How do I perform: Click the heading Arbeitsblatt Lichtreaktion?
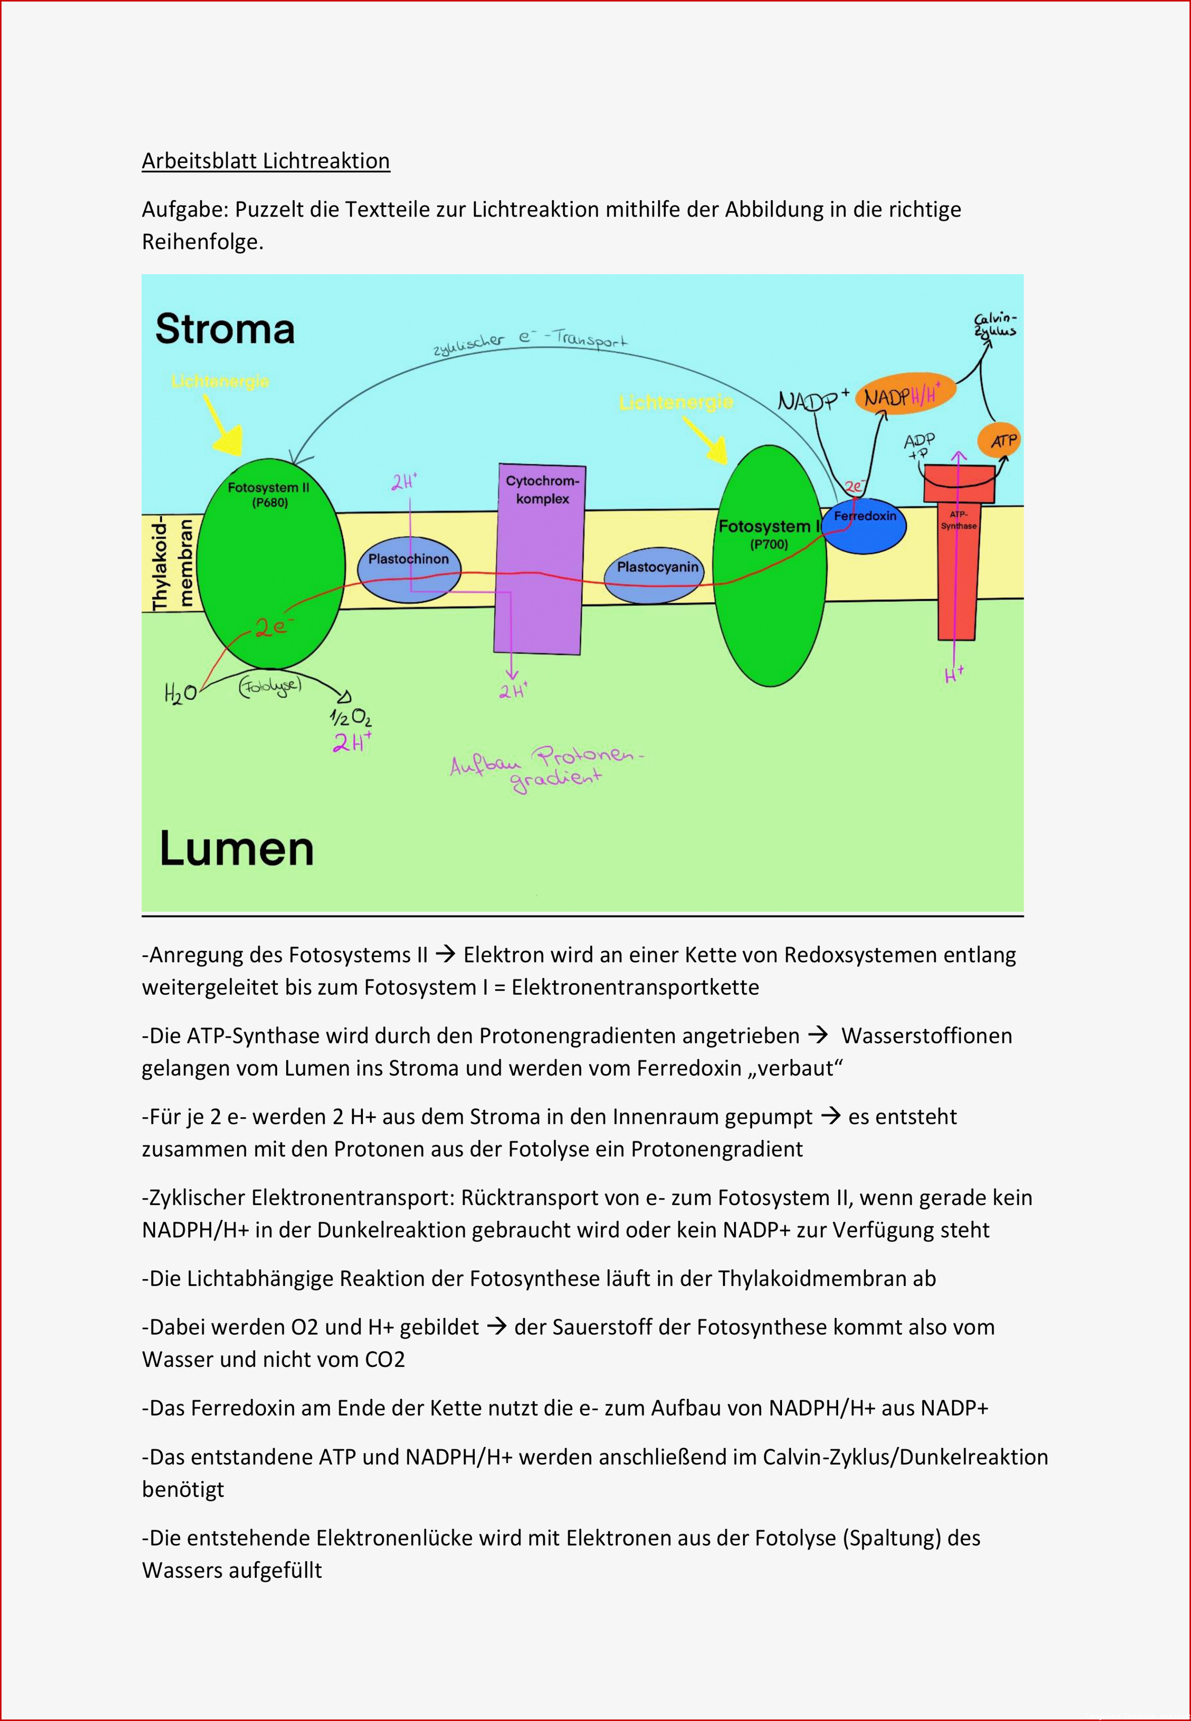266,161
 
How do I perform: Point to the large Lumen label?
237,849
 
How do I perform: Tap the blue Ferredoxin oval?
865,525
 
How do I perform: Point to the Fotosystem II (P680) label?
268,494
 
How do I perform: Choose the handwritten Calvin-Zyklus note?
995,326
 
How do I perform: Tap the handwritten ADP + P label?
920,447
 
